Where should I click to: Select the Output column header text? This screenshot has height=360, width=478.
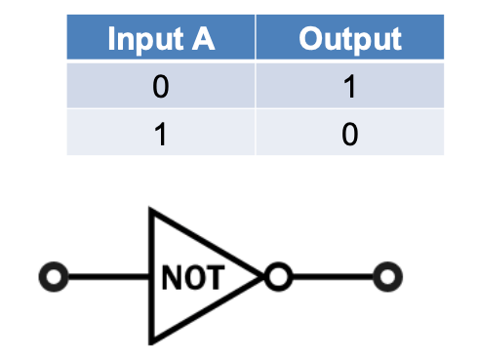tap(349, 39)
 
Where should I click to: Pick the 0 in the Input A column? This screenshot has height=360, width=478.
tap(160, 87)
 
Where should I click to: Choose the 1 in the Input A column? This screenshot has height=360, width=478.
tap(160, 134)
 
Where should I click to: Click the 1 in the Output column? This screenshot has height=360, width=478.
tap(349, 87)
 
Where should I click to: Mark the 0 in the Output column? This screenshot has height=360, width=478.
tap(349, 134)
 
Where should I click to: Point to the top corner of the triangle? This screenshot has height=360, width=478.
tap(151, 210)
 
